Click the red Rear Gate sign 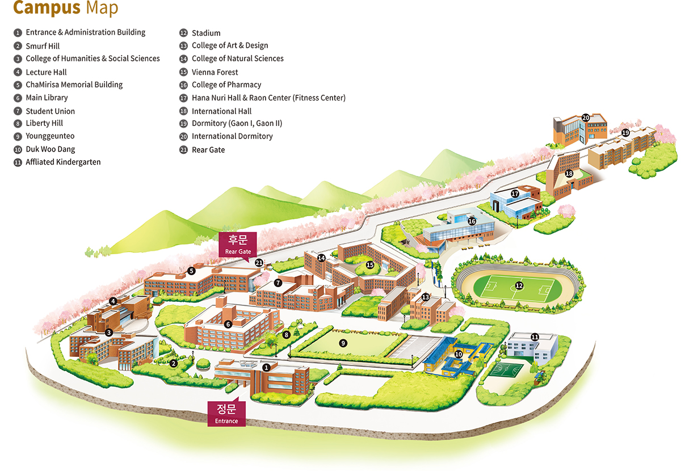tap(238, 243)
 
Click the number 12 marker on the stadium tap(518, 285)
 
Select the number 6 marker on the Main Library tap(228, 324)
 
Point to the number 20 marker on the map tap(586, 117)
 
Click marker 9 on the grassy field tap(342, 343)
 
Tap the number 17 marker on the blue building tap(515, 194)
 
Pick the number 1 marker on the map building tap(266, 367)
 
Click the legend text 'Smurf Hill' tap(43, 46)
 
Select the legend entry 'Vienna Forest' tap(215, 72)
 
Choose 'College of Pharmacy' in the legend tap(226, 85)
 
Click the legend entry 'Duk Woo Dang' tap(50, 149)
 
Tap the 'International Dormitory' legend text tap(232, 136)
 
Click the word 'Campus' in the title tap(47, 8)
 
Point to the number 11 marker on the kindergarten tap(535, 337)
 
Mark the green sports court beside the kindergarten tap(507, 371)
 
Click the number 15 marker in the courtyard tap(370, 264)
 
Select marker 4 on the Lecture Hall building tap(113, 301)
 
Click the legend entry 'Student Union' tap(50, 111)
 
